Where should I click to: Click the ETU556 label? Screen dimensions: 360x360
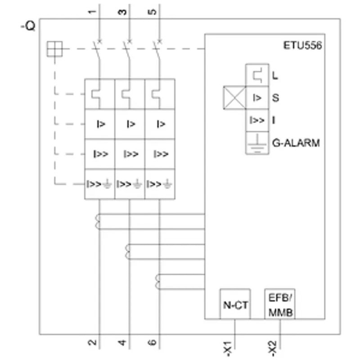pos(302,45)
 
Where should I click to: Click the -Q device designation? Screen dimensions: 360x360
pos(28,26)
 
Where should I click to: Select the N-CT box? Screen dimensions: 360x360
pos(235,304)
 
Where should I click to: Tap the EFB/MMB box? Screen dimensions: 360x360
pos(279,304)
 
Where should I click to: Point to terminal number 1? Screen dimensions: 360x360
pos(92,12)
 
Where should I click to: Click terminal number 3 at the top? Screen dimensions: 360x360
pos(122,12)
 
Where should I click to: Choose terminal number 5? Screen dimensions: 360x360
pos(152,12)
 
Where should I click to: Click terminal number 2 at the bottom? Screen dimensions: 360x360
pos(92,342)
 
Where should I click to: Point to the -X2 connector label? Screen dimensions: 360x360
pos(272,347)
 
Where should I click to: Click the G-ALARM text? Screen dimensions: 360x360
pos(296,143)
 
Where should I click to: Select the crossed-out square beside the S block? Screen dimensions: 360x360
pos(234,98)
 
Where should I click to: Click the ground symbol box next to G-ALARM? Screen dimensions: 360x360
pos(257,143)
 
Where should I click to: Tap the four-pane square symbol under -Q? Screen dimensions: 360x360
pos(54,49)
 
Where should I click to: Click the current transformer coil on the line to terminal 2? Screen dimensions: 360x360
pos(97,221)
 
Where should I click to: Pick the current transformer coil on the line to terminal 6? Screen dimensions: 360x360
pos(157,282)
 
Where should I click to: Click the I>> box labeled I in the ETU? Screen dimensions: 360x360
pos(257,120)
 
